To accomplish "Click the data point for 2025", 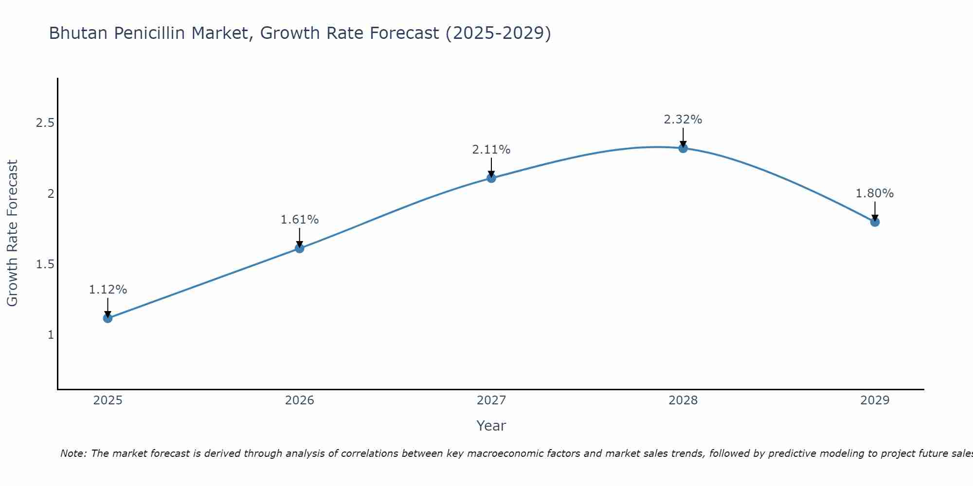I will point(108,318).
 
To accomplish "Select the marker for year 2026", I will point(300,248).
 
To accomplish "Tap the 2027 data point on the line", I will point(491,178).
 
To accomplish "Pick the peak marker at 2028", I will point(683,148).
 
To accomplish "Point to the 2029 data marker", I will point(875,222).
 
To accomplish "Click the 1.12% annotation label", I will point(108,290).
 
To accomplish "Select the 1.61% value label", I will point(300,220).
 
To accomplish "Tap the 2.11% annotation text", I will point(491,150).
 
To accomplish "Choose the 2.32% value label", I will point(683,120).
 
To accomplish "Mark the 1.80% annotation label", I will point(875,193).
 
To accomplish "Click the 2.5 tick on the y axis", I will point(45,123).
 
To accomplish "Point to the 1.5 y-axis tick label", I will point(45,264).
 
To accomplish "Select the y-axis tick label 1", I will point(51,335).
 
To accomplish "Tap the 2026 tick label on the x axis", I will point(300,400).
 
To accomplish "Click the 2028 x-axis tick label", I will point(683,400).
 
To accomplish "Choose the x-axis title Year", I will point(491,426).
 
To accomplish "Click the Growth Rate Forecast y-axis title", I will point(12,233).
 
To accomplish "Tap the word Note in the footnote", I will point(72,453).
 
